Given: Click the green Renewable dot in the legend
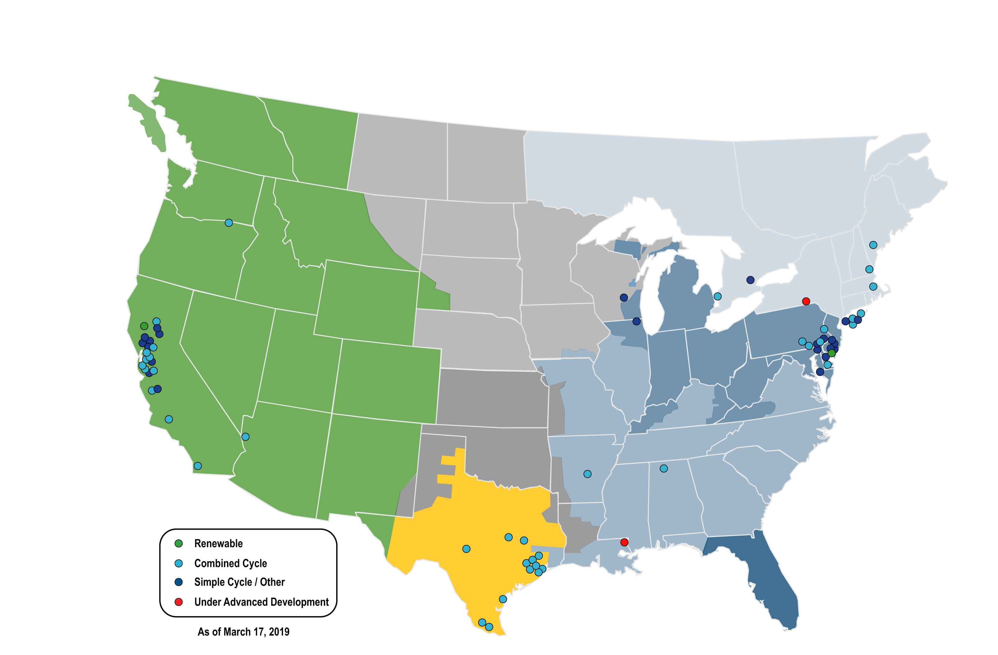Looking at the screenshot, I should coord(178,543).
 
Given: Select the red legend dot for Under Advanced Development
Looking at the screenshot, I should coord(178,602).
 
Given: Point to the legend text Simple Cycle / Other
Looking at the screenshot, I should coord(239,582).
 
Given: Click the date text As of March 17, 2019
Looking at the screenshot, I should coord(243,632).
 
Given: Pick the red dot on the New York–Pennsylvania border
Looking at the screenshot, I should coord(805,301).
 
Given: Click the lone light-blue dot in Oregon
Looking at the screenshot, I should coord(229,223).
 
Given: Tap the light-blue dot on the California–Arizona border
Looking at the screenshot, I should coord(245,437).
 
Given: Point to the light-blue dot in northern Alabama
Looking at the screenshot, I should coord(663,468).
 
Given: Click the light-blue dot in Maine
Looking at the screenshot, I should coord(873,245).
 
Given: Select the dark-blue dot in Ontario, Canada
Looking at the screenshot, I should coord(750,279).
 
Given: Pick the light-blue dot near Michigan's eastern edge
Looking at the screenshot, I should coord(717,296).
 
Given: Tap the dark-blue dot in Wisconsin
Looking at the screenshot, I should coord(624,298).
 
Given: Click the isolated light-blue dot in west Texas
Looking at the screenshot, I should coord(466,549).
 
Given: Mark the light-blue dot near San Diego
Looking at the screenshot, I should coord(197,466).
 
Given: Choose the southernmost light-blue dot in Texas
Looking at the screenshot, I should coord(489,627).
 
